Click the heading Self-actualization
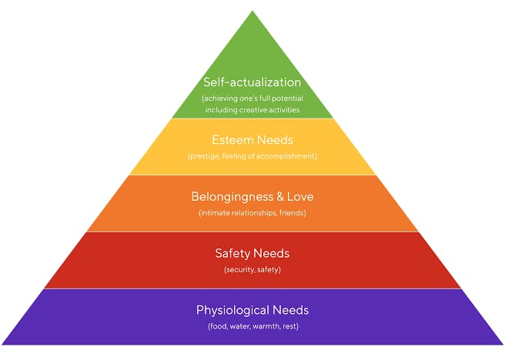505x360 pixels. point(252,82)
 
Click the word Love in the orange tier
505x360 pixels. point(300,197)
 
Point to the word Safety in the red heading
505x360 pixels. point(231,254)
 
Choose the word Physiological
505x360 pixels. point(232,311)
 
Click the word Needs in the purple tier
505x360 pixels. point(290,310)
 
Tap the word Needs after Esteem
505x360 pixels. point(275,140)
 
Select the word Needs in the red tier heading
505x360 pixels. point(271,254)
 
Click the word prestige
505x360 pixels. point(205,156)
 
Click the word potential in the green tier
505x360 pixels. point(289,98)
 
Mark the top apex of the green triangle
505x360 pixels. point(252,11)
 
